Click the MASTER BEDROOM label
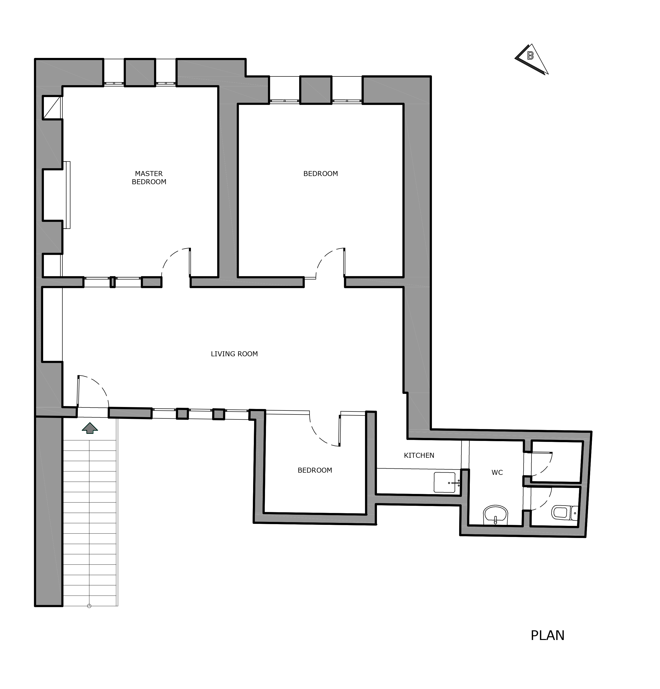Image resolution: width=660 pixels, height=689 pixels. click(x=149, y=178)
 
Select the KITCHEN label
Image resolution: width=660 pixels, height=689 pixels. click(x=419, y=456)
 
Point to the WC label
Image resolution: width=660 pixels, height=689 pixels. click(x=497, y=472)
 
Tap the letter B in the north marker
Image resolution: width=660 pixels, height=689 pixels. click(x=530, y=55)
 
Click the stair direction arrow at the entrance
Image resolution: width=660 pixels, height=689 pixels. click(x=90, y=428)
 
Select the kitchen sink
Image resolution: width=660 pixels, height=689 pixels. click(x=445, y=482)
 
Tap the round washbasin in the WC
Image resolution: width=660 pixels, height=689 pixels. click(x=496, y=515)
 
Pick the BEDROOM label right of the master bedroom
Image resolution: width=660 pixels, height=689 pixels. click(x=320, y=174)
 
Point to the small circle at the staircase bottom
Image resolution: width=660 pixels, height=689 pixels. click(x=89, y=606)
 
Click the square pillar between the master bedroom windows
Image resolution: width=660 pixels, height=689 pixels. click(x=140, y=72)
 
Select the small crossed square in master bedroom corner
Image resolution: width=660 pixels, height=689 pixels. click(x=52, y=107)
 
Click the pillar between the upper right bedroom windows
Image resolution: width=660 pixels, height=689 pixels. click(x=316, y=90)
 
